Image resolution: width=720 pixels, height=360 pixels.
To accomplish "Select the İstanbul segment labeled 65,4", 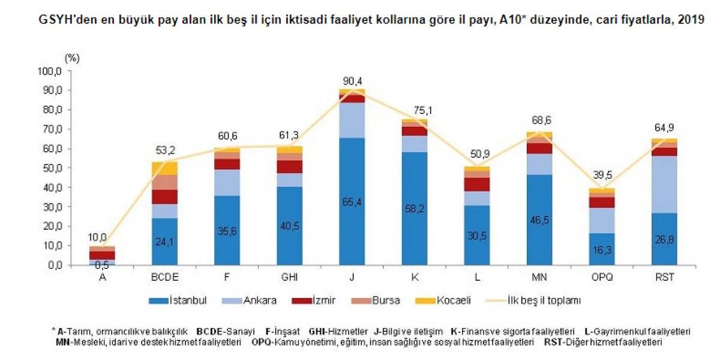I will tap(352, 201).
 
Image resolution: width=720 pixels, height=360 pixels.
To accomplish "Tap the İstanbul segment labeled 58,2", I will tap(414, 208).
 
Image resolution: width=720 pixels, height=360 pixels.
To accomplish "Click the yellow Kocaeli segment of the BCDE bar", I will tap(164, 168).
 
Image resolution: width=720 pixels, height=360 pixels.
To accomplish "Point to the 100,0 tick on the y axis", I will tap(50, 71).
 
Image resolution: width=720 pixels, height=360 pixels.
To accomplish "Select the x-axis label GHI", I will tap(289, 278).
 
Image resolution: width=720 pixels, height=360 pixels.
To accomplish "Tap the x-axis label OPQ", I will tap(601, 278).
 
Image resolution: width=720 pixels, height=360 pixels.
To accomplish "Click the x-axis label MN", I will tap(539, 278).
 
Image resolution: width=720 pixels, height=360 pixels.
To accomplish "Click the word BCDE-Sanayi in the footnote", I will tap(226, 331).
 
